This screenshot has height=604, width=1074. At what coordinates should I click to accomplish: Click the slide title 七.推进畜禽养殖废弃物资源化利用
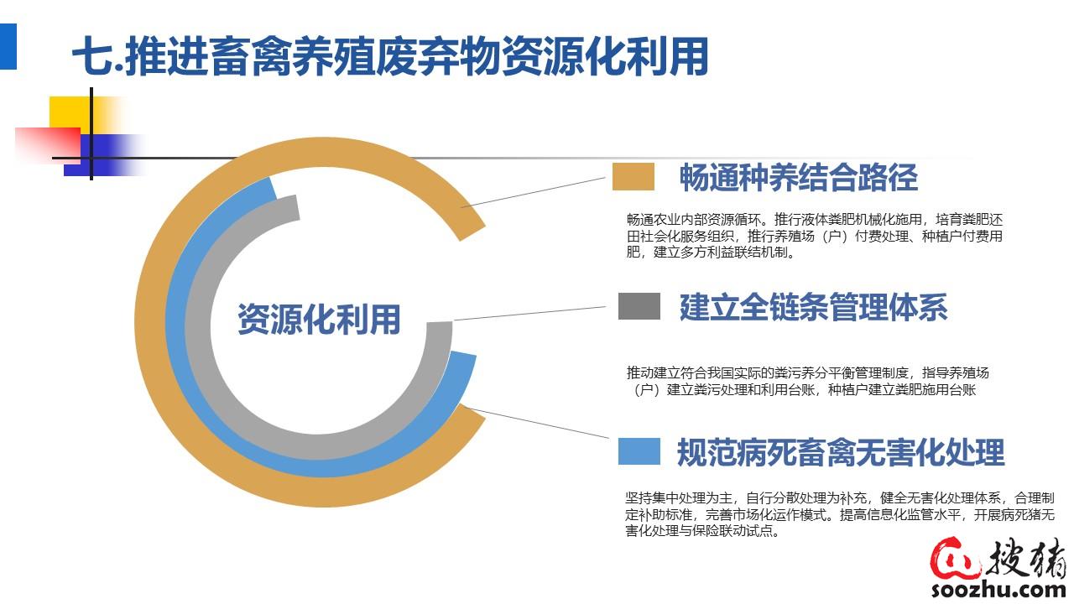[x=390, y=56]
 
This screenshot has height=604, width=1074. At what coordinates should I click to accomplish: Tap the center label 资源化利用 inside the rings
[x=319, y=320]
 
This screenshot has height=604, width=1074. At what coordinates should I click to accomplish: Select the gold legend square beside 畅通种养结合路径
[x=633, y=176]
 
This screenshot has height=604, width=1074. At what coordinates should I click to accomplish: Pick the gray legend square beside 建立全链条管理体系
[x=639, y=306]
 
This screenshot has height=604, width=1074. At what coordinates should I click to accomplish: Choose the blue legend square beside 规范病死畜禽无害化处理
[x=639, y=451]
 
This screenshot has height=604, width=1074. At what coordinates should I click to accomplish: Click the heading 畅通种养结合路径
[x=799, y=177]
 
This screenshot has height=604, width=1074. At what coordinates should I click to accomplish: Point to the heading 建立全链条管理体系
[x=814, y=307]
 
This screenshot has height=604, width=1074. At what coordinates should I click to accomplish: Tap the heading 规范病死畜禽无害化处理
[x=841, y=452]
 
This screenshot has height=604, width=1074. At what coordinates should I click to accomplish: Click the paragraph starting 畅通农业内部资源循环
[x=815, y=236]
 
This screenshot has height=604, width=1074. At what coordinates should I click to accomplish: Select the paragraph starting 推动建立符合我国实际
[x=807, y=381]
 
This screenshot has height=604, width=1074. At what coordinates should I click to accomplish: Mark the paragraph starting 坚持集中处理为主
[x=840, y=514]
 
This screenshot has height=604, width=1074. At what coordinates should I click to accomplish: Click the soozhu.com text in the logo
[x=998, y=589]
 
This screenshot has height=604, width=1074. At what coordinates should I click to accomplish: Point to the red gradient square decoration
[x=48, y=146]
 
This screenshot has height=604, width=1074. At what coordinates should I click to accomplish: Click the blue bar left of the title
[x=8, y=46]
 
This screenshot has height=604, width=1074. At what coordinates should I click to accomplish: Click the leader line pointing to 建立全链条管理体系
[x=529, y=313]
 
